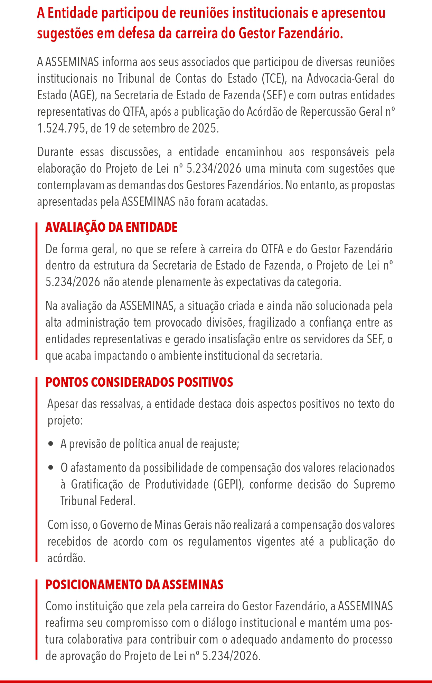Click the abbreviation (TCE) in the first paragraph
(274, 79)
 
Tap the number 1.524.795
(61, 129)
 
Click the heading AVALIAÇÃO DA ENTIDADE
(111, 227)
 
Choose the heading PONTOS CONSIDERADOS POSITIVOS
(139, 382)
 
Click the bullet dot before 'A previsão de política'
(51, 444)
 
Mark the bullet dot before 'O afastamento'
(51, 468)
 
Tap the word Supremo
(374, 484)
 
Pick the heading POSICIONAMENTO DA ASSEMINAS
(134, 585)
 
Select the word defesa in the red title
(136, 34)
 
